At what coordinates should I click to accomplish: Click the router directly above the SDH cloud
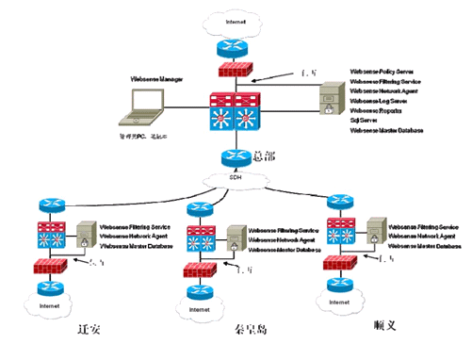pyautogui.click(x=233, y=156)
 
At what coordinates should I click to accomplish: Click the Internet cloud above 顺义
pyautogui.click(x=336, y=302)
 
